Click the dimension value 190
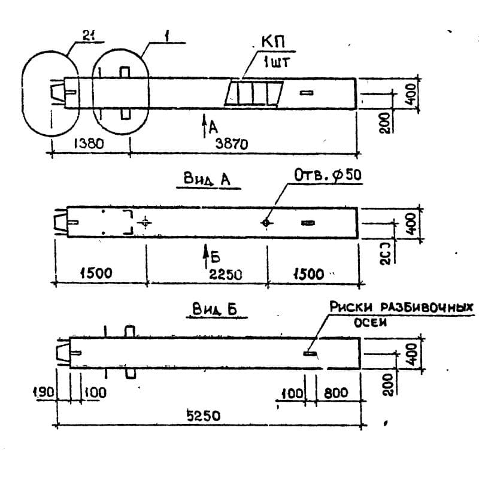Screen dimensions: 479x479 43,392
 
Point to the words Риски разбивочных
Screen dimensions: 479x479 401,307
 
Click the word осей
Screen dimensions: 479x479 367,322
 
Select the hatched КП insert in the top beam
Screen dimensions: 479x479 253,95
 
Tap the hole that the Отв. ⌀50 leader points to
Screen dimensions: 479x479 266,223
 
